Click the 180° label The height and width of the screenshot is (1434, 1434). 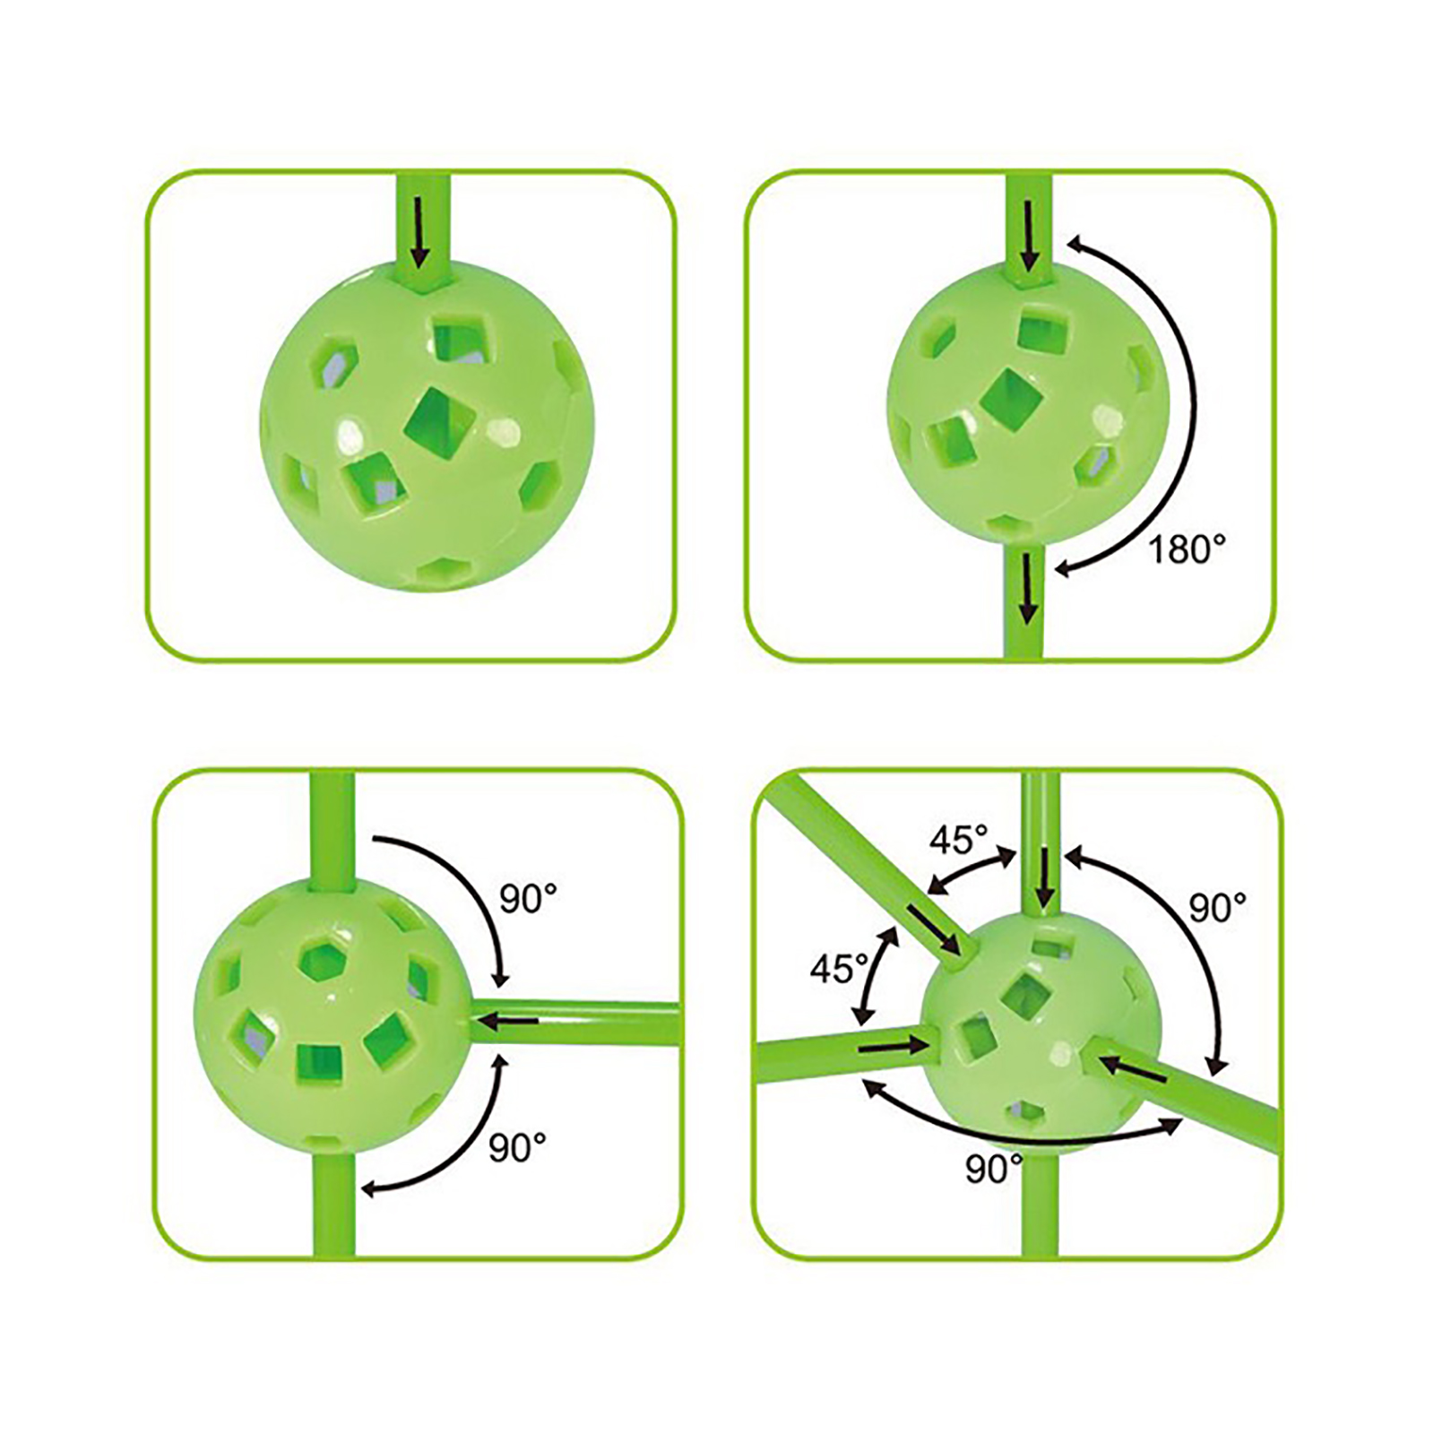tap(1187, 549)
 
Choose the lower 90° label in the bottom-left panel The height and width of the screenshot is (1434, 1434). tap(517, 1147)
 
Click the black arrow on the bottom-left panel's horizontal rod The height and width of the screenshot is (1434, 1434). tap(506, 1019)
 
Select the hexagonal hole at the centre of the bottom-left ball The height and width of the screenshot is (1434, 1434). tap(321, 963)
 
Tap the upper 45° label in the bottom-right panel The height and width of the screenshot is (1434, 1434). tap(958, 841)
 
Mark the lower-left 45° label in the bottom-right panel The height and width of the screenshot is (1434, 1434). tap(840, 968)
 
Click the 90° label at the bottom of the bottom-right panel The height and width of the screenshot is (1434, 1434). tap(994, 1170)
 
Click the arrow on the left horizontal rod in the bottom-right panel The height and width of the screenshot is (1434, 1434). tap(893, 1044)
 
